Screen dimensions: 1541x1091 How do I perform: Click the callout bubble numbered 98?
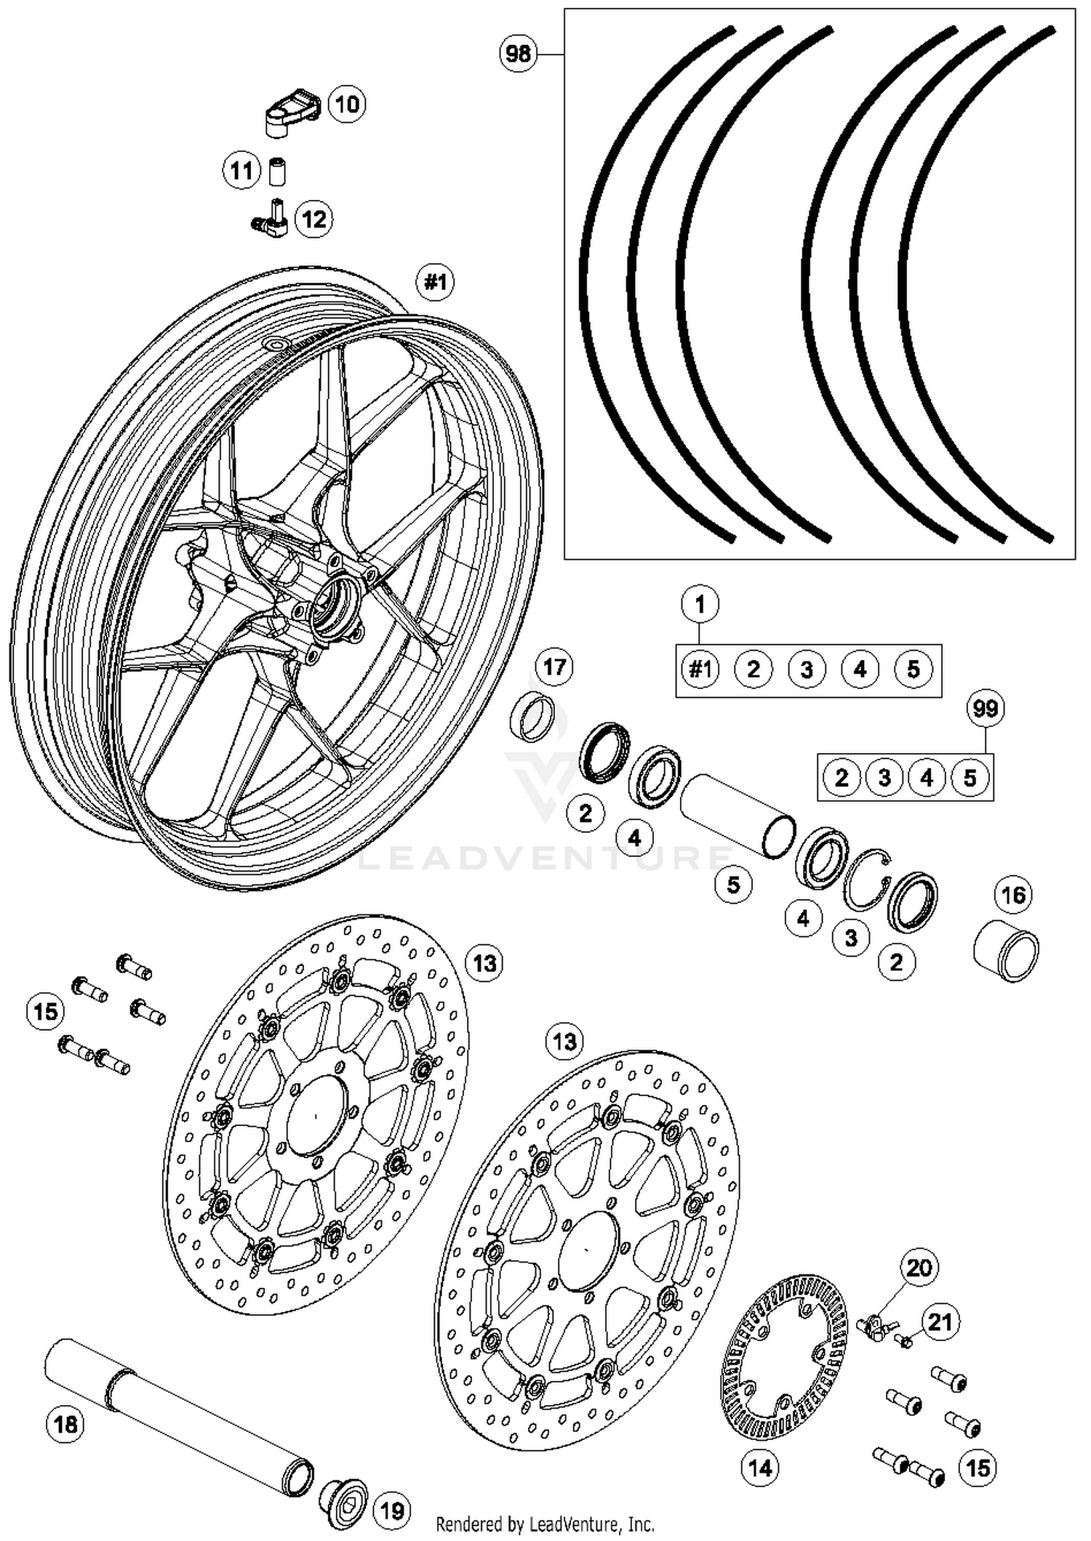pos(518,53)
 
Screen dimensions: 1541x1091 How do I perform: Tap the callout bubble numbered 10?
pos(347,104)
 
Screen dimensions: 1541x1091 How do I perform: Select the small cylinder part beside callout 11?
pos(276,172)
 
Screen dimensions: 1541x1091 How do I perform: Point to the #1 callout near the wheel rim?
pos(436,281)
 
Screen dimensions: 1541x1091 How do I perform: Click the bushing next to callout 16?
pos(1006,953)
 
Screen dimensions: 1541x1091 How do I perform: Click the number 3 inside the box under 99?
pos(884,778)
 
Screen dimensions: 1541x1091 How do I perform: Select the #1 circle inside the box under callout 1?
pos(700,669)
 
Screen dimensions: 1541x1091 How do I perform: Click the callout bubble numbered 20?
pos(919,1268)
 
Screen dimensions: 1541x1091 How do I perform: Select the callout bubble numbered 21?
pos(940,1321)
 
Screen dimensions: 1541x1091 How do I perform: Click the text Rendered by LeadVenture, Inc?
pos(545,1524)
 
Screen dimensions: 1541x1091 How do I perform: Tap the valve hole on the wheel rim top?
pos(276,342)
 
